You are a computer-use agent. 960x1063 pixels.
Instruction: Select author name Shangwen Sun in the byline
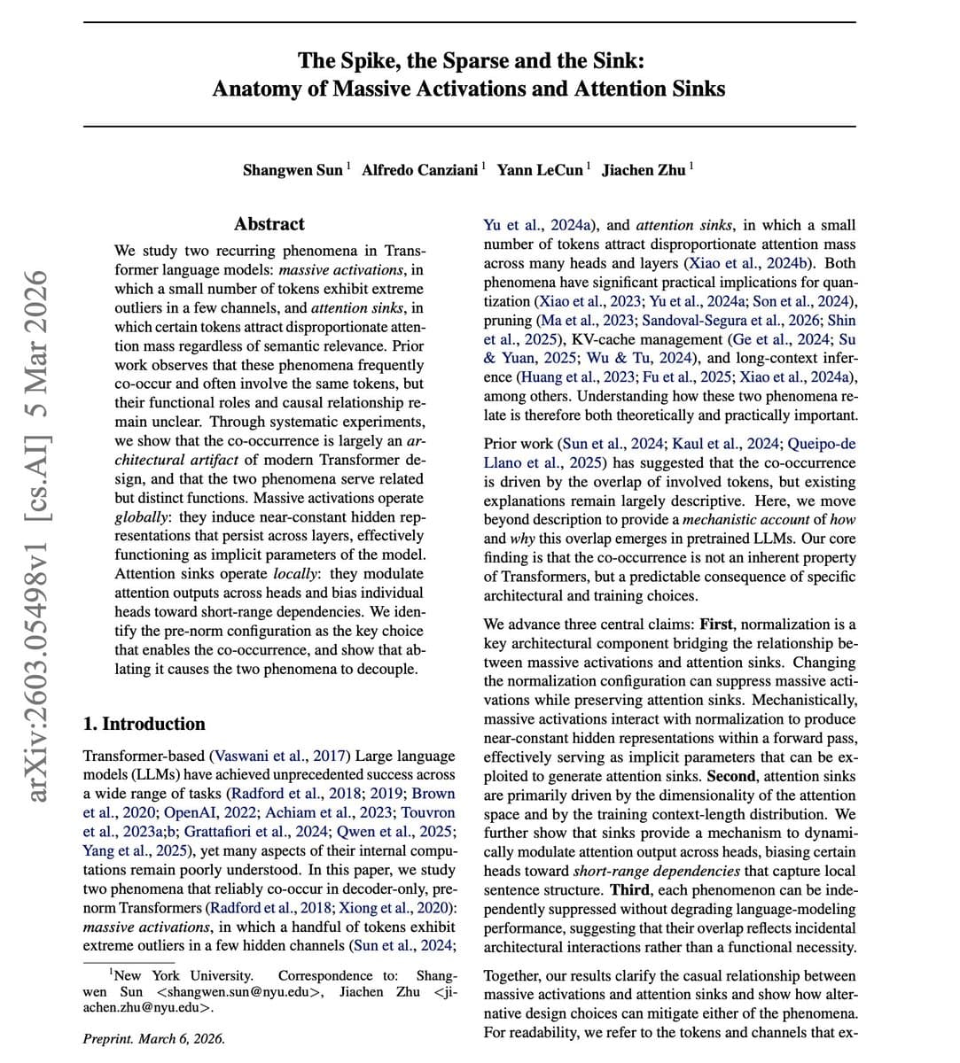click(293, 169)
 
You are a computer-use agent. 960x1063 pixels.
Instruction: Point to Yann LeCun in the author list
click(540, 169)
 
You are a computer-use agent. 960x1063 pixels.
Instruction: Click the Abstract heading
click(269, 224)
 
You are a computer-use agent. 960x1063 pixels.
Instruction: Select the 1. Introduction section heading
click(144, 724)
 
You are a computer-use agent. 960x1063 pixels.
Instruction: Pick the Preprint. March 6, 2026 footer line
click(153, 1039)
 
